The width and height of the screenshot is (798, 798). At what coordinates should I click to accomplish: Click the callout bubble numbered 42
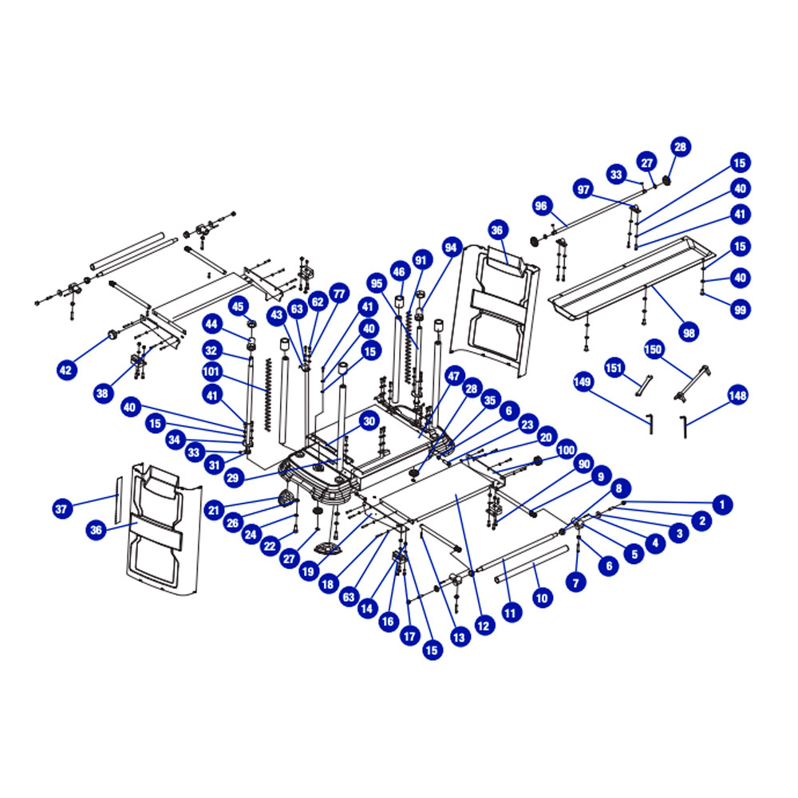click(x=66, y=370)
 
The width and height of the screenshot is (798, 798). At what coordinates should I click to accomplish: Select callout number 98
click(x=689, y=333)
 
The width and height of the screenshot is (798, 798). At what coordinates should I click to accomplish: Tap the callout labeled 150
click(x=653, y=350)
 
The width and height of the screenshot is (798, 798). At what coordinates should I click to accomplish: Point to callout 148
click(x=737, y=396)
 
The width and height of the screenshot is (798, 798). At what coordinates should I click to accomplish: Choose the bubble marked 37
click(x=61, y=508)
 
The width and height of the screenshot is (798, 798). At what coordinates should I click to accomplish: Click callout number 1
click(x=721, y=505)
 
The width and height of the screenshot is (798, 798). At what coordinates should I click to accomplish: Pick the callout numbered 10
click(x=542, y=598)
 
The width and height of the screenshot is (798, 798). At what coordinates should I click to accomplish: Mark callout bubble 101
click(x=211, y=372)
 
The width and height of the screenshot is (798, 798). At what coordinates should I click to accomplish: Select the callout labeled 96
click(x=541, y=206)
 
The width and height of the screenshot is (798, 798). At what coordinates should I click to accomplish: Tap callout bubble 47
click(x=453, y=377)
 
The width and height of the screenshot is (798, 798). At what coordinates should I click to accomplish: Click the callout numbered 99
click(x=740, y=310)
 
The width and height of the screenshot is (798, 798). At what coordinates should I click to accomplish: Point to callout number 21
click(x=214, y=510)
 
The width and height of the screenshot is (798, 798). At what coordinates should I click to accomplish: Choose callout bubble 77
click(x=339, y=294)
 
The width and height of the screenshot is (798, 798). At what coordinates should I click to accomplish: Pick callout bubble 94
click(x=451, y=247)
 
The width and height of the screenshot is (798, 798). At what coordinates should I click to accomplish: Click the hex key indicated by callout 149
click(x=650, y=424)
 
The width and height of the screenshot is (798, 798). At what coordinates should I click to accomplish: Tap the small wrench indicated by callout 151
click(x=644, y=385)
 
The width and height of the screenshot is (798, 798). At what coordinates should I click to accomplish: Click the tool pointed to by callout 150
click(x=692, y=383)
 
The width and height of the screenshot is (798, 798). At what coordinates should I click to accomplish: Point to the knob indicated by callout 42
click(x=112, y=335)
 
